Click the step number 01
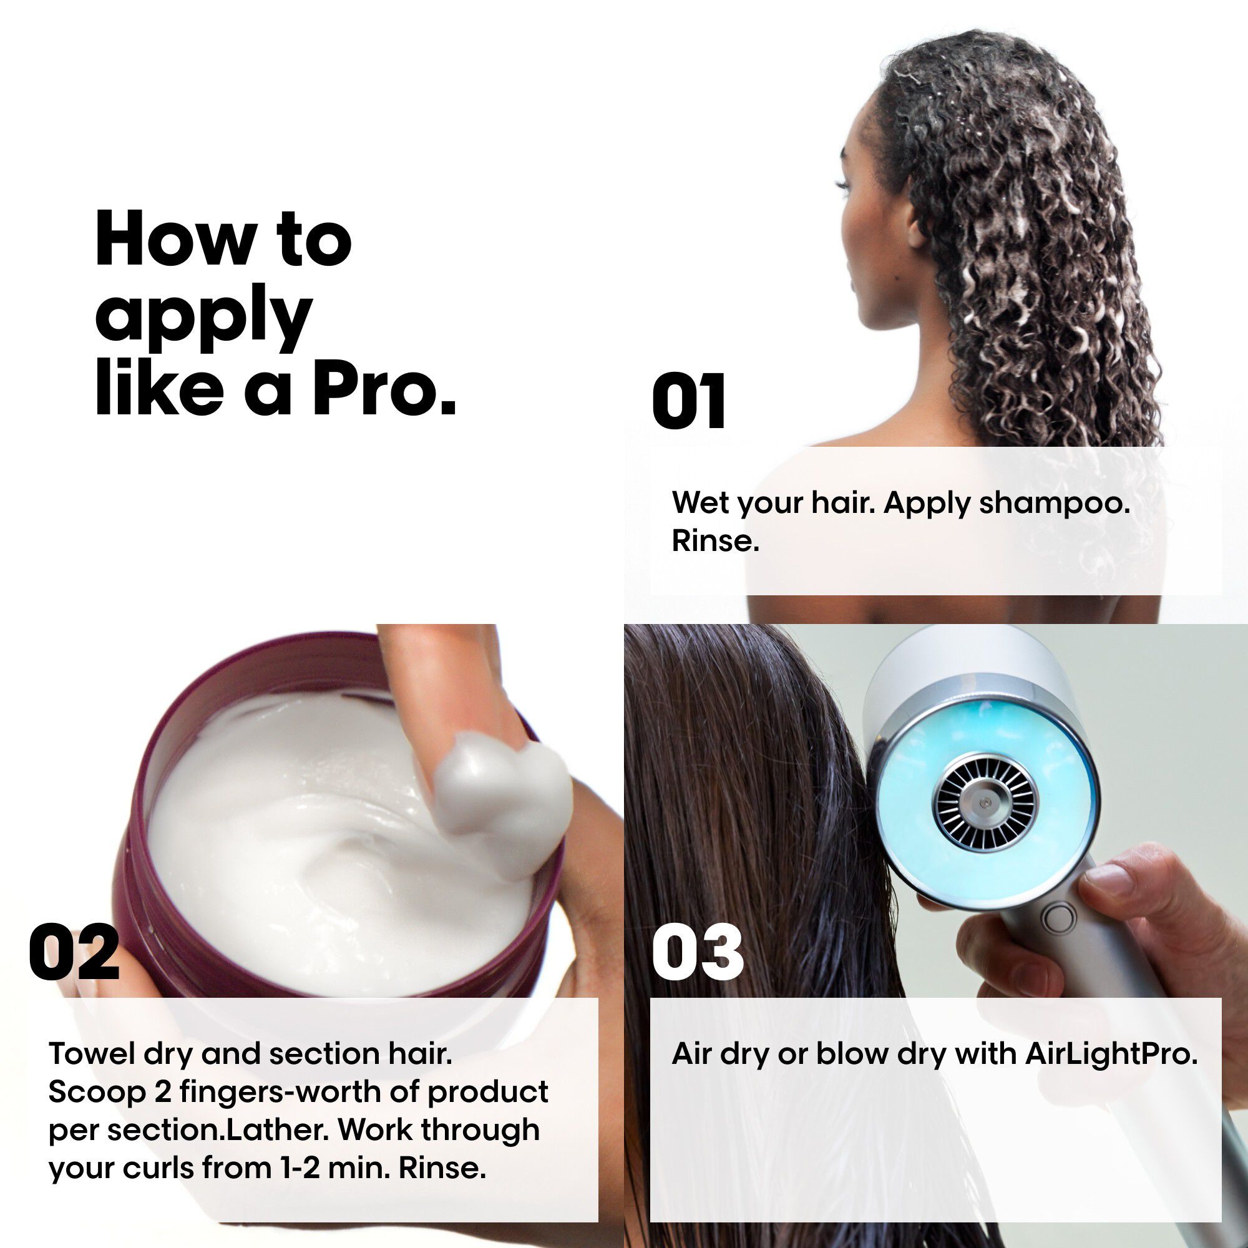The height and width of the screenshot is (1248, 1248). tap(689, 401)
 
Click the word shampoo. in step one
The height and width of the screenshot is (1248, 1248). tap(1054, 502)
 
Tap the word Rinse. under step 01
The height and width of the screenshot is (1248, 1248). tap(715, 540)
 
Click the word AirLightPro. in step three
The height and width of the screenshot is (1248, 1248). tap(1111, 1053)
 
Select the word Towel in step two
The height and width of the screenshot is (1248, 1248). tap(90, 1053)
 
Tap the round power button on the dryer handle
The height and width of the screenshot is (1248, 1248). tap(1058, 918)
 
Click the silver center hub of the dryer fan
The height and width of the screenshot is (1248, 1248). tap(984, 804)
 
